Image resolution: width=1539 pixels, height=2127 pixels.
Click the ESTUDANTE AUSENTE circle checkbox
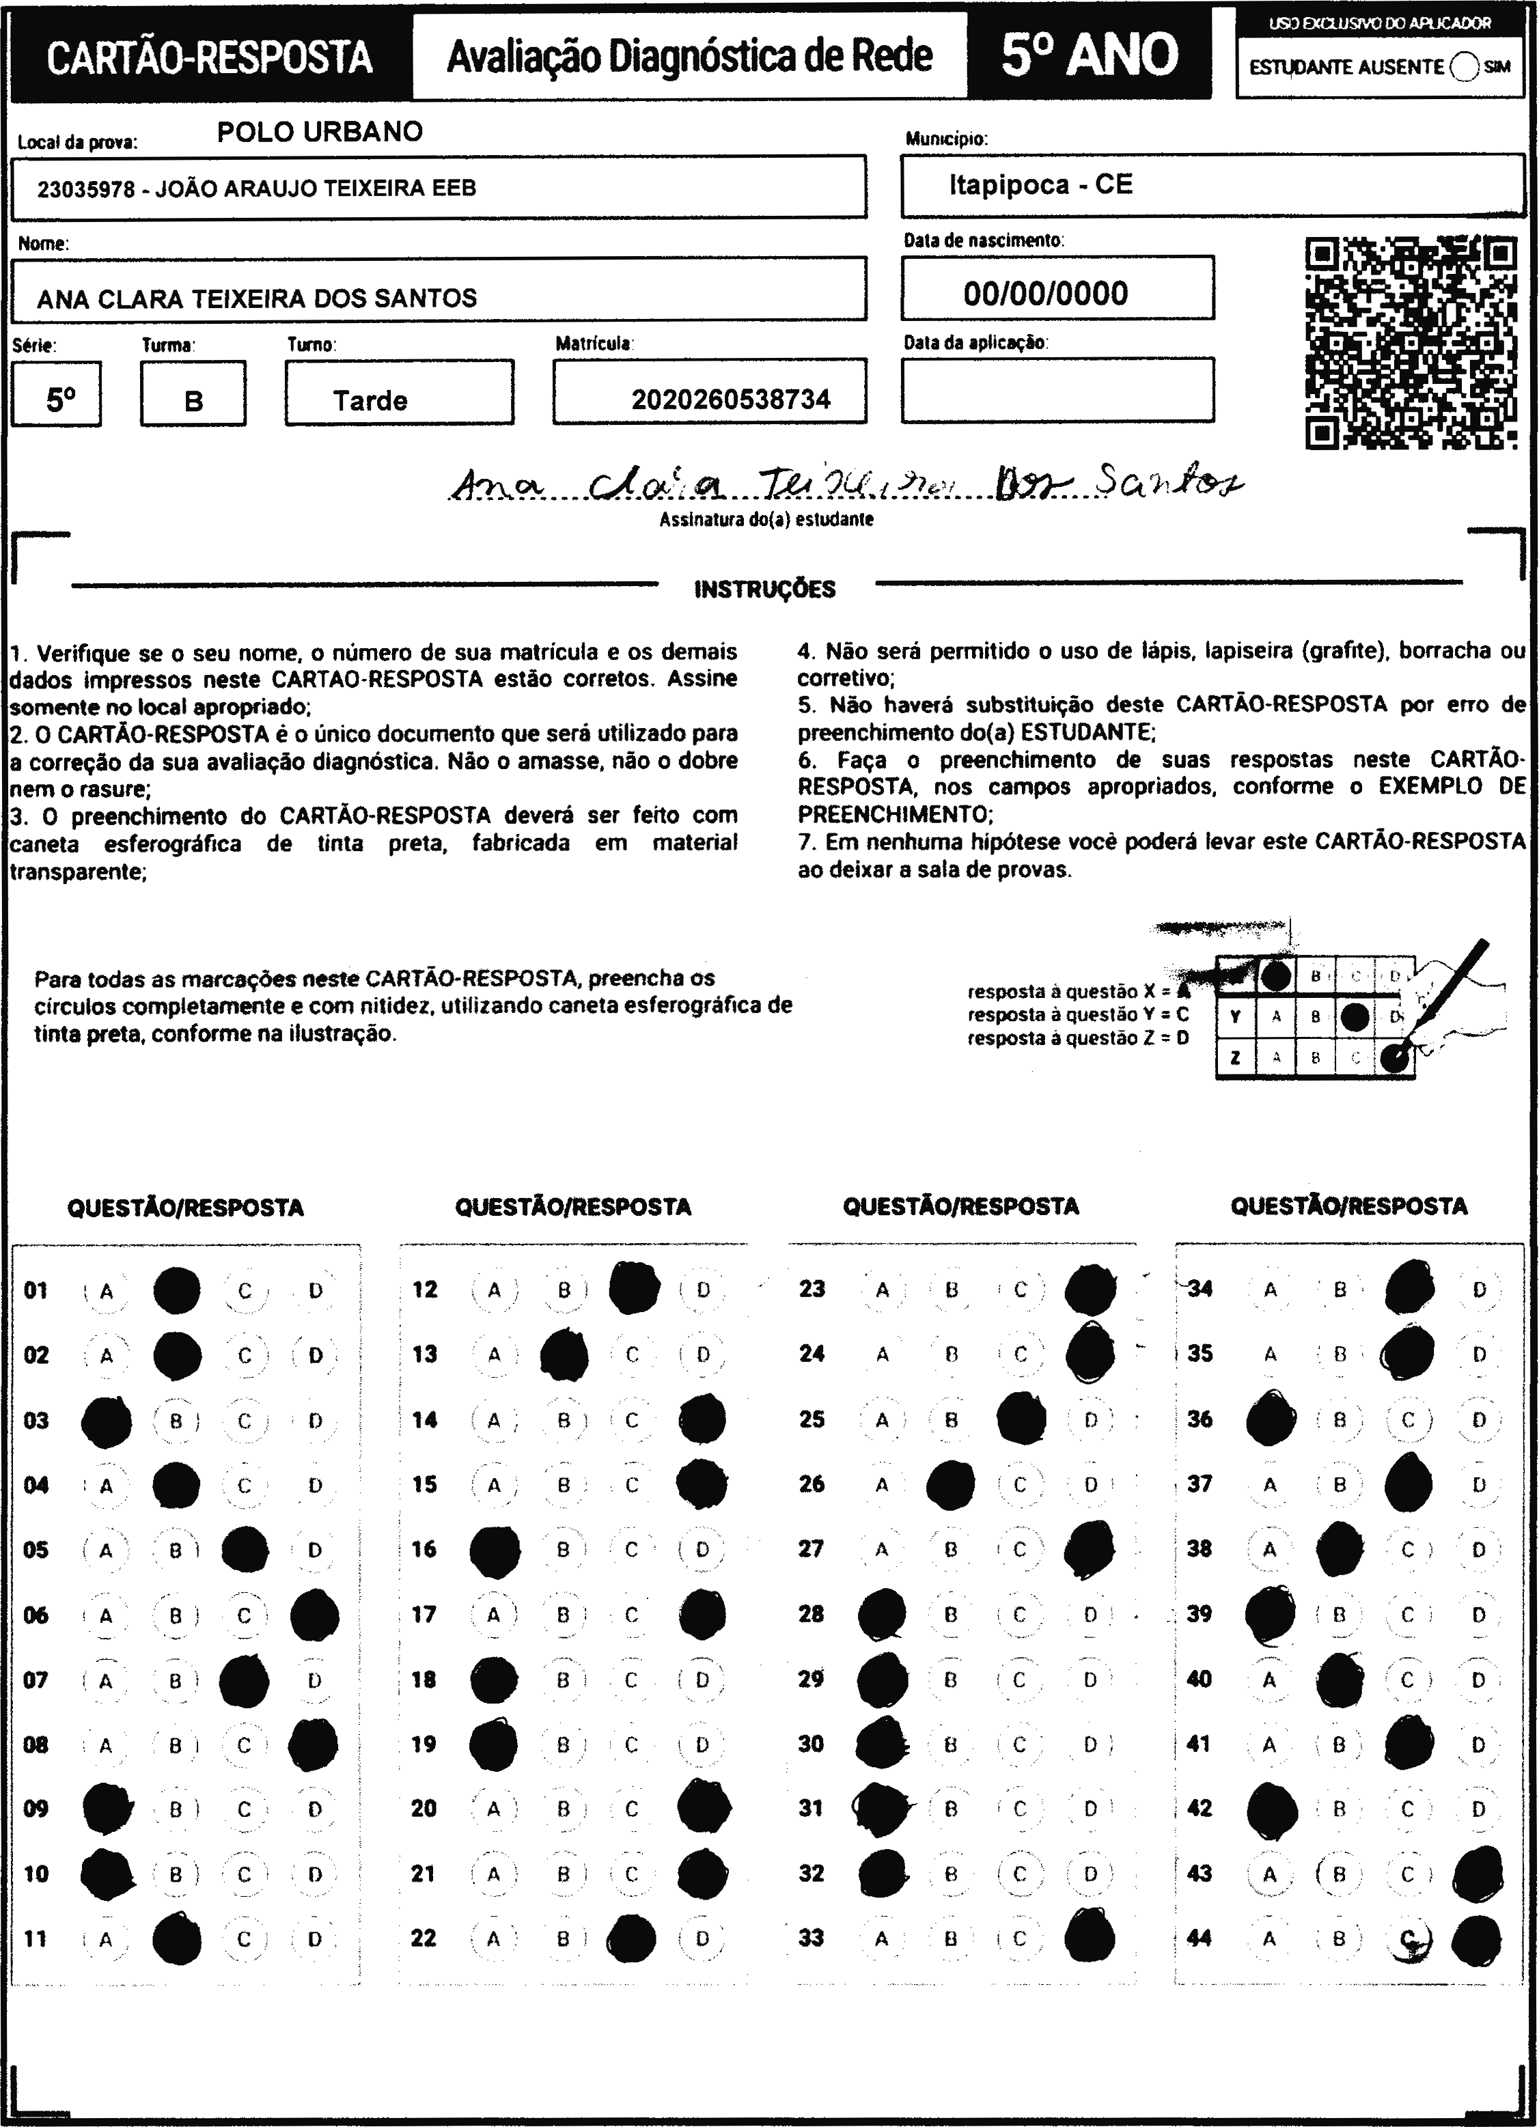point(1464,66)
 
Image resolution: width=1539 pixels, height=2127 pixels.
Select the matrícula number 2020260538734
point(731,400)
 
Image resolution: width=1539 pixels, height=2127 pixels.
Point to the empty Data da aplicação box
point(1057,390)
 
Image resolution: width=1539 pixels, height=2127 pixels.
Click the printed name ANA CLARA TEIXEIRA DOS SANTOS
point(257,299)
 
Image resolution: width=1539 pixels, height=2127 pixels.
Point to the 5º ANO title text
point(1089,55)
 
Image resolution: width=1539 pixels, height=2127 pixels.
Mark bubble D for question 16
point(702,1551)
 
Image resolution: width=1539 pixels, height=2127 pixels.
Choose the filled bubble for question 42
point(1272,1809)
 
